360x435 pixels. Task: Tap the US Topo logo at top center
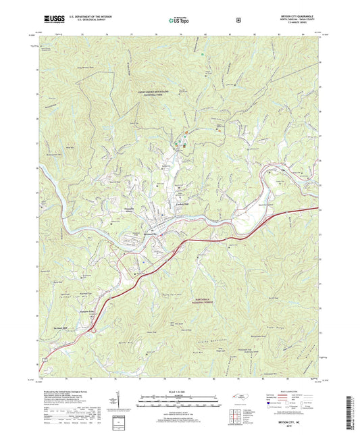[x=179, y=20]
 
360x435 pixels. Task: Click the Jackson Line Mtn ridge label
[x=80, y=295]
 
